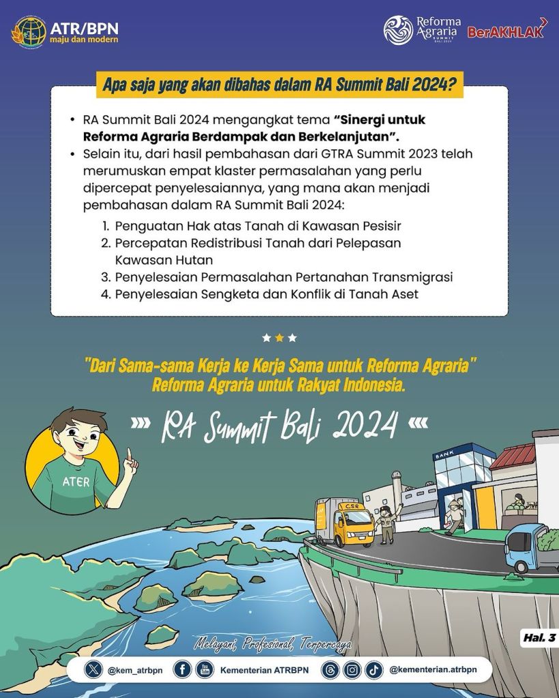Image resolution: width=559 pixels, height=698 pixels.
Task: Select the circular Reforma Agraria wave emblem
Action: (x=398, y=30)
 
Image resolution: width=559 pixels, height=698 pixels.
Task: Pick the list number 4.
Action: (x=106, y=294)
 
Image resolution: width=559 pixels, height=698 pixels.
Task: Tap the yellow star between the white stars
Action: (x=279, y=338)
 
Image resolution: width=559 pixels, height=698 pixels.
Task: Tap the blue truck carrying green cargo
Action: (x=530, y=547)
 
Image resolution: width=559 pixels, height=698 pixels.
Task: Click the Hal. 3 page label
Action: (x=539, y=639)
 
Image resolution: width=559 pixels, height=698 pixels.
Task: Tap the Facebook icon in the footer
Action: (x=182, y=670)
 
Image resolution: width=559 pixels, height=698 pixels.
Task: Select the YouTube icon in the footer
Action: (x=204, y=670)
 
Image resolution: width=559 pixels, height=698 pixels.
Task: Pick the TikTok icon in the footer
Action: (x=373, y=670)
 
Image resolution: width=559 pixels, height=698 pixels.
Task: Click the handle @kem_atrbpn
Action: (x=134, y=670)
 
